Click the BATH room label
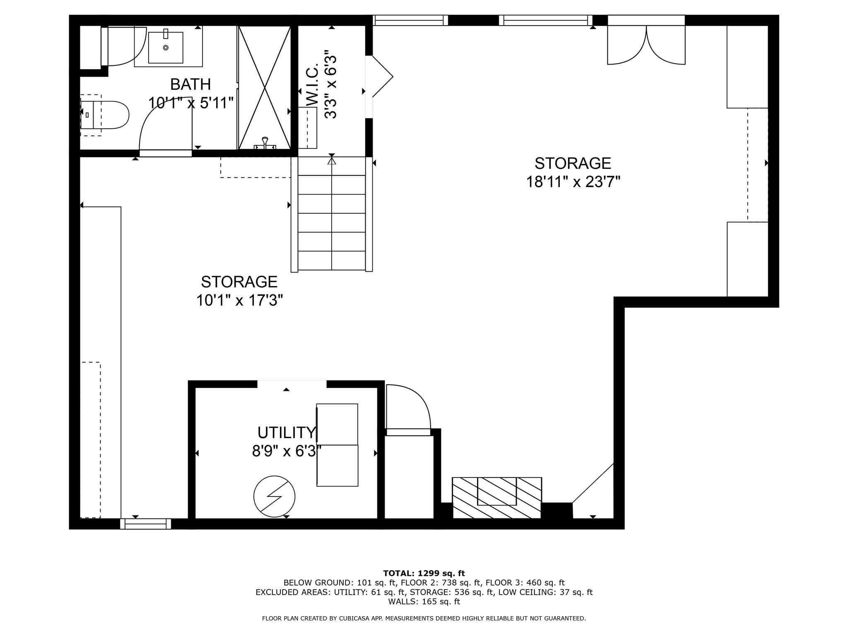190,84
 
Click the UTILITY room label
287,433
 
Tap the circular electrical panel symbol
274,496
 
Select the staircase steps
332,214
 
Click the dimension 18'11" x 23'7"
573,182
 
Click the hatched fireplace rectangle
497,497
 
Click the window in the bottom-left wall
146,524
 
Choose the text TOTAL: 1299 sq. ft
424,573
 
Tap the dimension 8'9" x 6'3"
287,451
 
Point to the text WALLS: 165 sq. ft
424,602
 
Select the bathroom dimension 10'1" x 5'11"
191,103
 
